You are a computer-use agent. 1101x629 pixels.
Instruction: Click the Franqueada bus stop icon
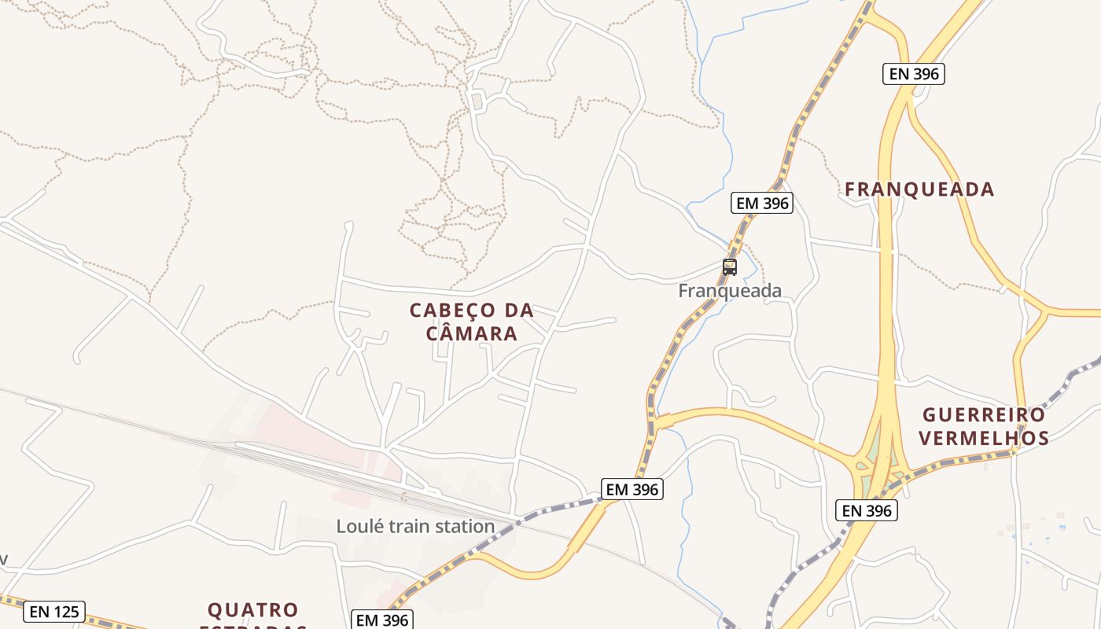click(x=730, y=267)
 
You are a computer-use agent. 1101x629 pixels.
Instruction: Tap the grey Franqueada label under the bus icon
click(x=730, y=291)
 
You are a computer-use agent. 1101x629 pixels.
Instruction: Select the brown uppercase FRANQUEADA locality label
click(x=919, y=189)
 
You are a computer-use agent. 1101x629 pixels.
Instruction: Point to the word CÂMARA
click(x=472, y=333)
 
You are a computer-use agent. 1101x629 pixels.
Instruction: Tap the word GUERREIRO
click(x=984, y=414)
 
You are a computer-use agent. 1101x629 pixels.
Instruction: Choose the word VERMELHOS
click(x=983, y=438)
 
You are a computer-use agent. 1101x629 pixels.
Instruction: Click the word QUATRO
click(x=252, y=610)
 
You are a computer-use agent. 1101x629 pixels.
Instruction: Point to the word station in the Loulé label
click(x=465, y=526)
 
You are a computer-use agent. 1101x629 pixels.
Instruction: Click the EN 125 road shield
click(x=53, y=612)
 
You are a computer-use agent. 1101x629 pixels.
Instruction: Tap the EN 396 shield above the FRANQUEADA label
click(x=912, y=74)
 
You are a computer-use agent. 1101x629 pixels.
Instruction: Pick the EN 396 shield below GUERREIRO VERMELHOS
click(x=867, y=510)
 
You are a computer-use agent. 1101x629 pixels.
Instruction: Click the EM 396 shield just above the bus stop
click(x=761, y=203)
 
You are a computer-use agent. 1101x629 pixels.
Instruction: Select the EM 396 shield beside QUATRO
click(x=381, y=620)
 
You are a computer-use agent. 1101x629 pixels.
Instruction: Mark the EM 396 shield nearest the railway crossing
click(x=632, y=489)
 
